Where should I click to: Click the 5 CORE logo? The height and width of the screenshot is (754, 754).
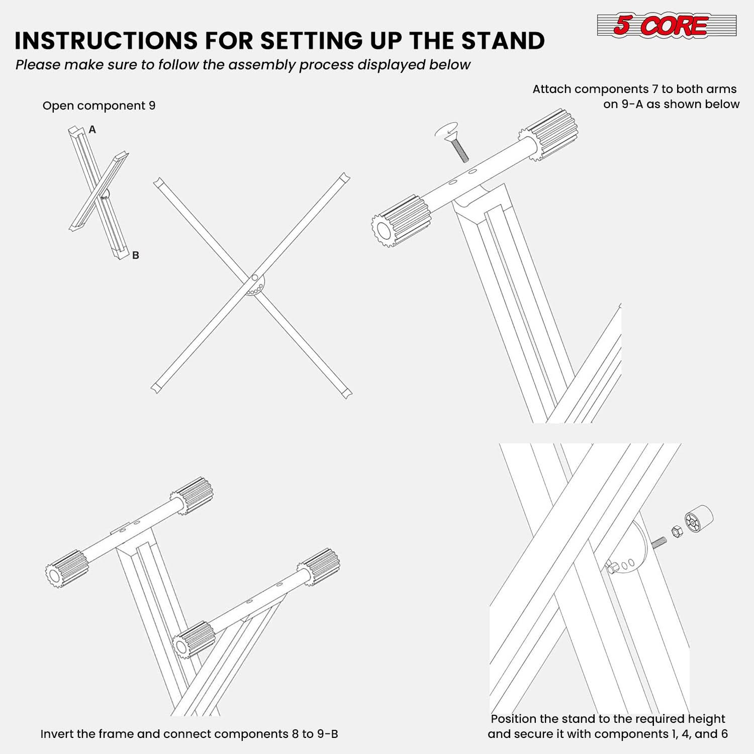pos(667,25)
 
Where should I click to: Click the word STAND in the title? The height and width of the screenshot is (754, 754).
pos(503,41)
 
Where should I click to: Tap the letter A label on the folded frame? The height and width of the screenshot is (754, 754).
pos(92,130)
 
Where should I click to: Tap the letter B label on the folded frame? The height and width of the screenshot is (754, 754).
pos(135,255)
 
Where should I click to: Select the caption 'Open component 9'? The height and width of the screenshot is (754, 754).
pos(99,106)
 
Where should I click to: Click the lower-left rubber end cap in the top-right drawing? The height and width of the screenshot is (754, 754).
pos(401,222)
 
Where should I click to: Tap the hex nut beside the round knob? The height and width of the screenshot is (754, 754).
pos(677,531)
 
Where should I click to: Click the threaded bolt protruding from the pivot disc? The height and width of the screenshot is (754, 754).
pos(658,543)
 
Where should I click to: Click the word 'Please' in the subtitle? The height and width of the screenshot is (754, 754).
pos(38,65)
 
